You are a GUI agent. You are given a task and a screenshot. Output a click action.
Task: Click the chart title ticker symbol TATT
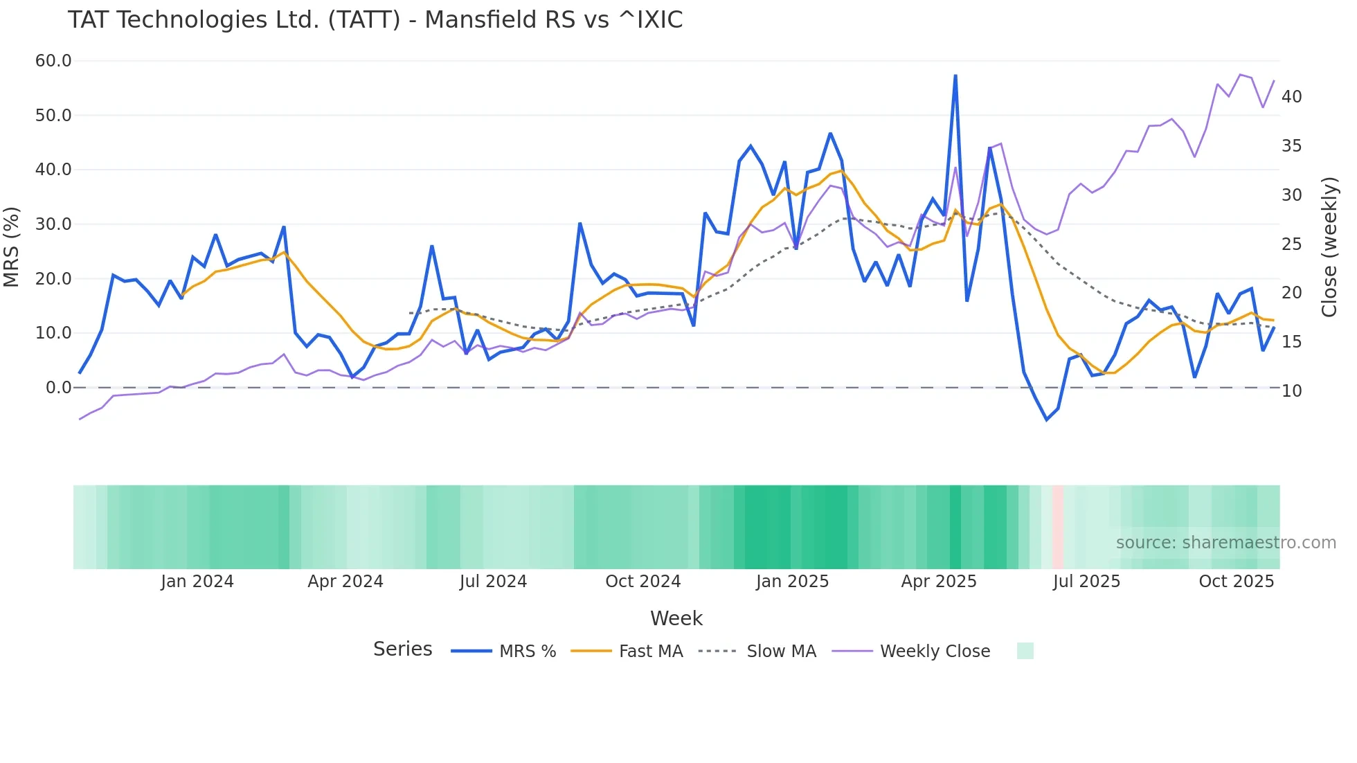364,20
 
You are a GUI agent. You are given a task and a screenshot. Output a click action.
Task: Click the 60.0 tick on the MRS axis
53,61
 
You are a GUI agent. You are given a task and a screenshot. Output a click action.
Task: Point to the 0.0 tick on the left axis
59,388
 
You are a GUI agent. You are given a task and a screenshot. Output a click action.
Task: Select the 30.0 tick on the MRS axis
53,224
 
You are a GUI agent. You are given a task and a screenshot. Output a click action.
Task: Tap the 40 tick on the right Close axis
1292,97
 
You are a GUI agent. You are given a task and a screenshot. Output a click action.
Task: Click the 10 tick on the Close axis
1292,391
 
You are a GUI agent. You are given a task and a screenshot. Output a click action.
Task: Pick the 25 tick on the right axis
1292,244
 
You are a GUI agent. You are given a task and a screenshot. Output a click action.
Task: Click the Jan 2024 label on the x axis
197,582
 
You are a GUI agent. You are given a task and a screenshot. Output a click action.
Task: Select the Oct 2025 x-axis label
1237,582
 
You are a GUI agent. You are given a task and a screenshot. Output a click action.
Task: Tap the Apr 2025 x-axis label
939,582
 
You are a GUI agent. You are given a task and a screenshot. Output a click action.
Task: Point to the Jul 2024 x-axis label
493,582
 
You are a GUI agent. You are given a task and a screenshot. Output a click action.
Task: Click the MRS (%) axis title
12,246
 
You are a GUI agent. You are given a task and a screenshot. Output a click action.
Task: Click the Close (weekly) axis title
1329,247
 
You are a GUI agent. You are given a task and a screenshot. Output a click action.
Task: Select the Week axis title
676,618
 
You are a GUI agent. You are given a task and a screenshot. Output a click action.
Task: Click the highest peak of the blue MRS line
955,75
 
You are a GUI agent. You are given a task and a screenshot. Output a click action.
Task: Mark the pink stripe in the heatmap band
1058,527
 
